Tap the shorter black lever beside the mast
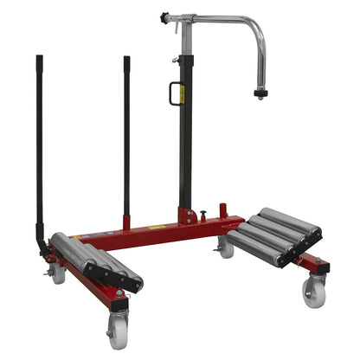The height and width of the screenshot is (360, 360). click(x=126, y=130)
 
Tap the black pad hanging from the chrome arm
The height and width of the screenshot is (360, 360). click(x=260, y=93)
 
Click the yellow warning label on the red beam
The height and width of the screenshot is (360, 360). click(x=157, y=228)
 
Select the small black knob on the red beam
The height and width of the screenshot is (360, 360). click(x=202, y=215)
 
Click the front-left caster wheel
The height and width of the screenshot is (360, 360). click(x=118, y=330)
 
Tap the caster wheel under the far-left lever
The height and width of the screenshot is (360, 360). click(x=58, y=274)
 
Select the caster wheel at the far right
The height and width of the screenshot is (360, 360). click(x=312, y=292)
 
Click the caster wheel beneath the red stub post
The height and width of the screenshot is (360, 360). click(x=227, y=248)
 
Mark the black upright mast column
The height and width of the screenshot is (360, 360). click(x=184, y=130)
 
